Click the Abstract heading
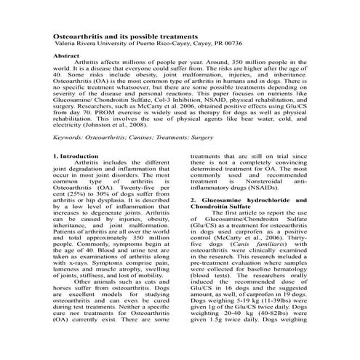[x=68, y=55]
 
